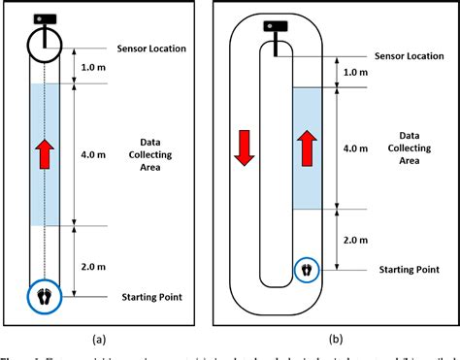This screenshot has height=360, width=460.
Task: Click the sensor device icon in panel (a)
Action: pos(44,19)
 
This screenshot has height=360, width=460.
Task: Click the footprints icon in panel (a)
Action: pos(44,295)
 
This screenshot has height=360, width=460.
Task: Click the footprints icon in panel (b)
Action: pos(308,269)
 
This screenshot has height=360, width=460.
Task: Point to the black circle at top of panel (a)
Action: pos(44,44)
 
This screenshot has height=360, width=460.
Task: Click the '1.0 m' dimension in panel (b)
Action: pos(356,71)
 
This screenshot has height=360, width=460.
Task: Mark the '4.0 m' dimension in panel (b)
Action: pos(356,148)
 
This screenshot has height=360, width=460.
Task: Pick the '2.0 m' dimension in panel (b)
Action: pos(356,238)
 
